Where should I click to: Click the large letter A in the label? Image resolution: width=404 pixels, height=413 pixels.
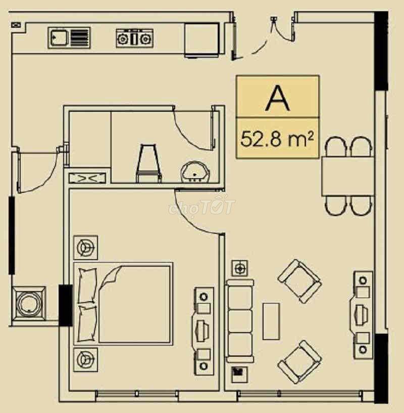[x=277, y=99]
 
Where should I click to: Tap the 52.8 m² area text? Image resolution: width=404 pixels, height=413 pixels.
[x=277, y=139]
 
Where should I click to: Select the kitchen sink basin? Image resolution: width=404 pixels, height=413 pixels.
[x=59, y=38]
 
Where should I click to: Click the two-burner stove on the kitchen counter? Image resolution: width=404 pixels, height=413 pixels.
[x=134, y=38]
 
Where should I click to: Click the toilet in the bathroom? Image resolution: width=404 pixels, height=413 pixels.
[x=148, y=163]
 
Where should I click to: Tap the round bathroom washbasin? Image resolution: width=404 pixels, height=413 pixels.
[x=195, y=172]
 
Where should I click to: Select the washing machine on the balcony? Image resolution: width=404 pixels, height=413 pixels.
[x=29, y=304]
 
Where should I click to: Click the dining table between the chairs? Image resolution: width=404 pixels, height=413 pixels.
[x=348, y=176]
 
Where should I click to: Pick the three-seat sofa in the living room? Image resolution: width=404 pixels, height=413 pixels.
[x=240, y=321]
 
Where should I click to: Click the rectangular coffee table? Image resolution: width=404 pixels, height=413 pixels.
[x=271, y=321]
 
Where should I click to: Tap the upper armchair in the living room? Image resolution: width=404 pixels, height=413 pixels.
[x=299, y=281]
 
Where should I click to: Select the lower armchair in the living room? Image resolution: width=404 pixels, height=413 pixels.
[x=299, y=362]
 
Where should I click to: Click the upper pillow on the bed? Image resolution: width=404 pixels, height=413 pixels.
[x=87, y=285]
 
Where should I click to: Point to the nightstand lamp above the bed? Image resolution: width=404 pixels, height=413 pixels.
[x=86, y=247]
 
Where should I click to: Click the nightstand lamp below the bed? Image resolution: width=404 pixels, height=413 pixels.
[x=86, y=359]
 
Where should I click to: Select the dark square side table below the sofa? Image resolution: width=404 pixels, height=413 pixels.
[x=239, y=375]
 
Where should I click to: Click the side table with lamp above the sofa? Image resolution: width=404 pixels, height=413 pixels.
[x=239, y=268]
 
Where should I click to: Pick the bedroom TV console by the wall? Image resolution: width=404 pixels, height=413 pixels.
[x=204, y=331]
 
